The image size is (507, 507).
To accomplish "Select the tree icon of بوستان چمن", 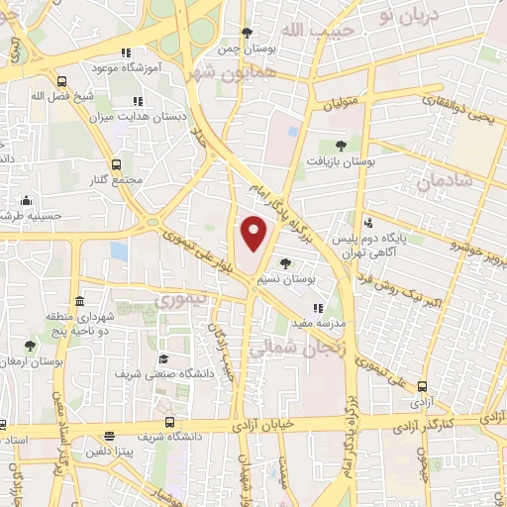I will [247, 33].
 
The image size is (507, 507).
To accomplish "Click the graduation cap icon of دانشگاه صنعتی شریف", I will [163, 359].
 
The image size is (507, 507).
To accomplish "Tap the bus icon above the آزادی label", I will [423, 387].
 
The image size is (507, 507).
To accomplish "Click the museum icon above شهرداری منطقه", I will [79, 301].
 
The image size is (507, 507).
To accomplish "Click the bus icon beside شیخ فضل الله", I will [62, 82].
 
